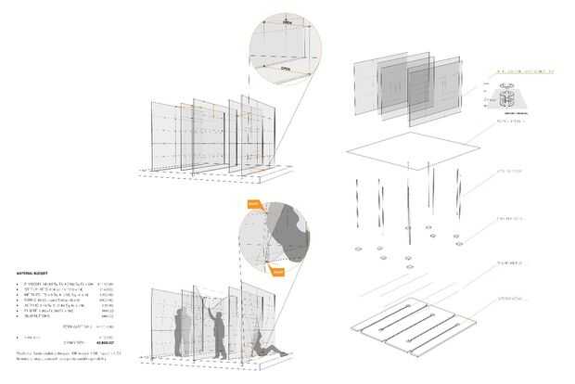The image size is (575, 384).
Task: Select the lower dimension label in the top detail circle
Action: click(285, 67)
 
